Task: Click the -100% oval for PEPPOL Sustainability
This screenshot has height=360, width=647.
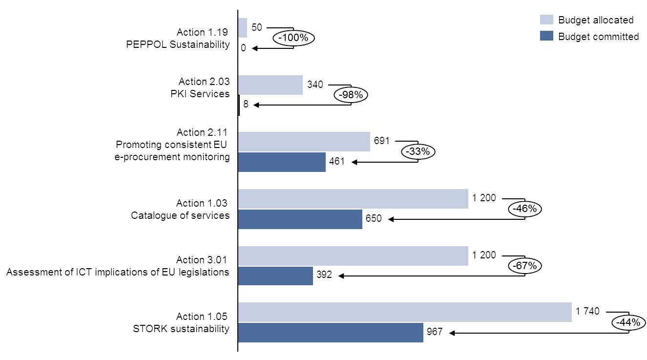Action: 293,38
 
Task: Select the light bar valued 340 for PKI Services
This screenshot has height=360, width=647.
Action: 271,85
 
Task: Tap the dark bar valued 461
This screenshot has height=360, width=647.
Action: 282,162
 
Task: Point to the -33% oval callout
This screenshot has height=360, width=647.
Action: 418,152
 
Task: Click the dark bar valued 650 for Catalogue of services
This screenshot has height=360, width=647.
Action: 300,219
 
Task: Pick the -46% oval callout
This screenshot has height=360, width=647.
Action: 525,209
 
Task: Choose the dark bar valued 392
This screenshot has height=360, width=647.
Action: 275,275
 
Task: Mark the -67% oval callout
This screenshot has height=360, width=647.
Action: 525,266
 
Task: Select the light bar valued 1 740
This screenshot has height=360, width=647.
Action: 405,312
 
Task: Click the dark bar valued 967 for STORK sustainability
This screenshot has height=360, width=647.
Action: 331,332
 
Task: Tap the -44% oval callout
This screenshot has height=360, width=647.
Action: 628,323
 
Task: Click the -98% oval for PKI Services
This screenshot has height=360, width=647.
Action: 351,95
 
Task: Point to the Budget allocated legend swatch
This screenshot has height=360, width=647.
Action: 546,20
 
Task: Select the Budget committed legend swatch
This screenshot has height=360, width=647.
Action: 546,36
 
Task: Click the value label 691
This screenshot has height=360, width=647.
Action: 382,141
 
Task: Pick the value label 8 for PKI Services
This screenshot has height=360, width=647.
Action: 246,104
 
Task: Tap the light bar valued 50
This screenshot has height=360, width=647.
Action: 243,28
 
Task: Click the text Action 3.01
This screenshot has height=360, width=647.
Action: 202,260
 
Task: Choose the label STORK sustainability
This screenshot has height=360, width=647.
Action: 181,329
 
